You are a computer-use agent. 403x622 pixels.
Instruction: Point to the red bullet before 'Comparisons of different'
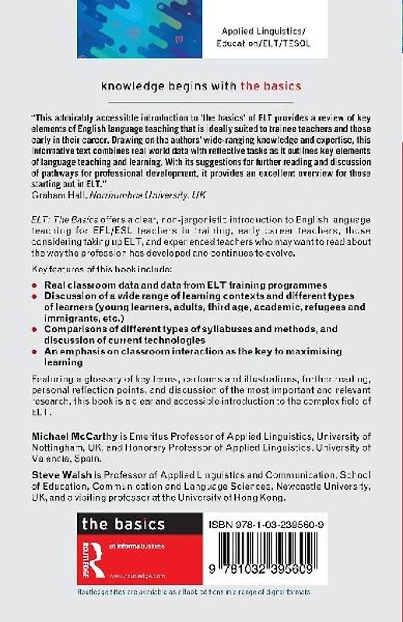coord(35,330)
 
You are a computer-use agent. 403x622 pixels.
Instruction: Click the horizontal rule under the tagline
coord(201,102)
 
